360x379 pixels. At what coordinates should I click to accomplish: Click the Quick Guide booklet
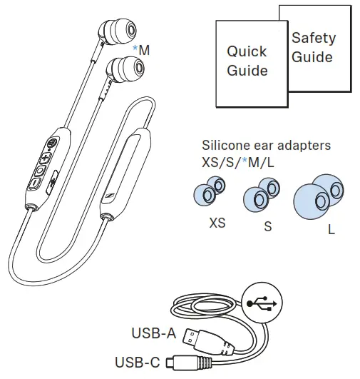point(252,64)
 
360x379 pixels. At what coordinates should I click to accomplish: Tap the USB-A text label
point(154,333)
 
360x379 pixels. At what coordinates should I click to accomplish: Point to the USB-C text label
point(138,363)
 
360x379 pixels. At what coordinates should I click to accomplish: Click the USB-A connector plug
point(207,340)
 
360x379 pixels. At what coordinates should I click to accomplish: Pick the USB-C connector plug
point(190,363)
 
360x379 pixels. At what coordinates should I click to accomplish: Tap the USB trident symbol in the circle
point(262,303)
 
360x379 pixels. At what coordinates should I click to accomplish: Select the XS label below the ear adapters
point(217,223)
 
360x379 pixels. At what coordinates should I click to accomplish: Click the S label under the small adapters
point(268,227)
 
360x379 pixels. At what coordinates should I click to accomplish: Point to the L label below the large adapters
point(331,229)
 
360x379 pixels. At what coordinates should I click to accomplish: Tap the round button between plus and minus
point(40,171)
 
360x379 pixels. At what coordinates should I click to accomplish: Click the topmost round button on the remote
point(51,143)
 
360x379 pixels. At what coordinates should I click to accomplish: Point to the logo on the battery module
point(110,195)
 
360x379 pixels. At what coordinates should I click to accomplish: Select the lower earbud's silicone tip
point(130,69)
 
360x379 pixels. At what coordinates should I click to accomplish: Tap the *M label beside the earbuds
point(141,50)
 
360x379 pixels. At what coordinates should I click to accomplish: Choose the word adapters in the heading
point(304,146)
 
